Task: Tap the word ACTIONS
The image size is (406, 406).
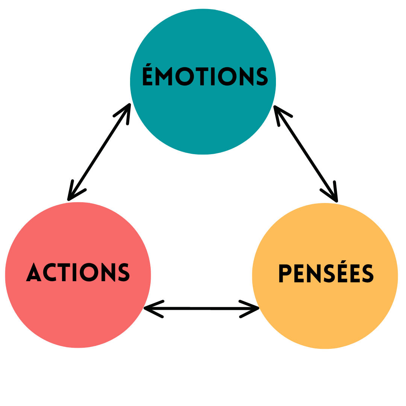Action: tap(78, 272)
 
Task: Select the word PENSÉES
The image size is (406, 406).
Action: tap(326, 274)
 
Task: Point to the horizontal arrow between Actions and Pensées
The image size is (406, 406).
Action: tap(202, 309)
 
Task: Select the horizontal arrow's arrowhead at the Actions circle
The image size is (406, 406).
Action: tap(152, 309)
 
